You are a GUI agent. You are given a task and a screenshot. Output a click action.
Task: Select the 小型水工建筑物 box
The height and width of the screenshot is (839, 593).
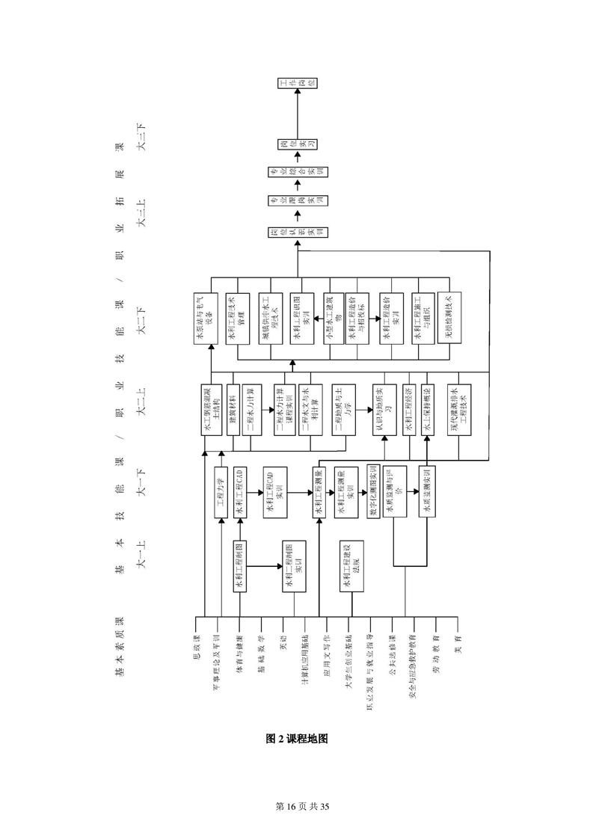click(334, 320)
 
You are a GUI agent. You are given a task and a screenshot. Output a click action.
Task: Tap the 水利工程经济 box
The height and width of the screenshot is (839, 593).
click(408, 409)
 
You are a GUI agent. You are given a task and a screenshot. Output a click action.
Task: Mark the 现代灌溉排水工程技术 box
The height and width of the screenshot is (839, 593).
click(456, 409)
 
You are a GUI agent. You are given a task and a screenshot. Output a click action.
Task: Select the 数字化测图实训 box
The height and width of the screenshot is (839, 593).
click(374, 491)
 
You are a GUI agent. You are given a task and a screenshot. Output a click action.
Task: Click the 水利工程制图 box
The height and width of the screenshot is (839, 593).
click(240, 566)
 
